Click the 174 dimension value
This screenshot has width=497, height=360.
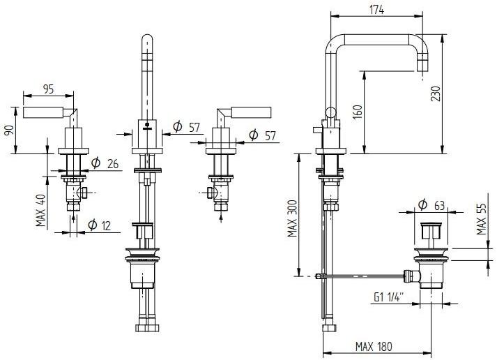[377, 8]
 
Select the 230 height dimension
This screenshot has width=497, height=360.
[436, 93]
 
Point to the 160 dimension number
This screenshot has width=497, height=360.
[357, 112]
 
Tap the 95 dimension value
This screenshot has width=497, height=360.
[48, 89]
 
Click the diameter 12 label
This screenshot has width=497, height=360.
[99, 225]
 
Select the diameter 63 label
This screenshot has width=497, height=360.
[431, 204]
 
